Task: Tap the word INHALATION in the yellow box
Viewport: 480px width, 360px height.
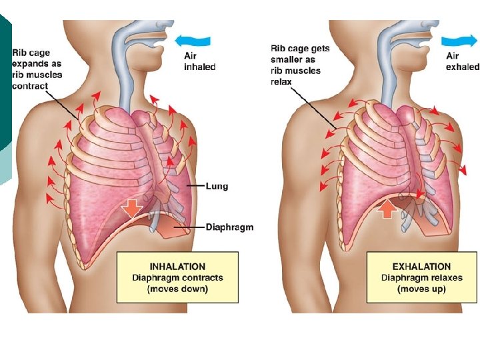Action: coord(177,267)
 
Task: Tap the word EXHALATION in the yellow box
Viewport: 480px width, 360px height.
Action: coord(421,267)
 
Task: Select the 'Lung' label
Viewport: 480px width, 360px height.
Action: coord(217,186)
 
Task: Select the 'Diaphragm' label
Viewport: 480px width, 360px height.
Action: coord(230,227)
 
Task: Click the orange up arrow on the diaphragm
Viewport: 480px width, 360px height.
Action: coord(387,209)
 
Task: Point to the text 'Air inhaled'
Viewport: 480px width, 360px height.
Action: coord(199,61)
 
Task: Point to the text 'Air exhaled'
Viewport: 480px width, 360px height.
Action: coord(462,61)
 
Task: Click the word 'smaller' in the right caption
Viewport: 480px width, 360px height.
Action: coord(285,59)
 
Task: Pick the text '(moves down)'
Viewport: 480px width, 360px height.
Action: coord(177,289)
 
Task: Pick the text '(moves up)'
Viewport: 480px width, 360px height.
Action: coord(421,289)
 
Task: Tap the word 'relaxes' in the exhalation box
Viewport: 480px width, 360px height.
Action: coord(446,278)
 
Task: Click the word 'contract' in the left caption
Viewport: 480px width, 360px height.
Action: coord(29,86)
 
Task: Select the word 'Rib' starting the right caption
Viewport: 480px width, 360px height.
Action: coord(278,49)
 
